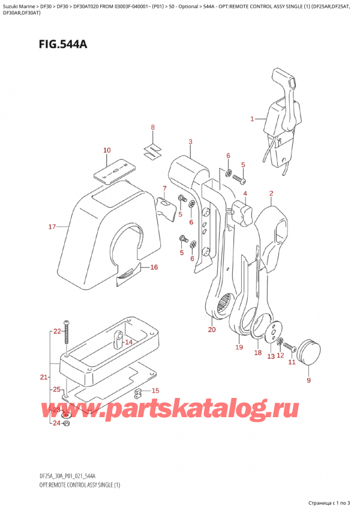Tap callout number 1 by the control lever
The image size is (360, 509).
point(253,119)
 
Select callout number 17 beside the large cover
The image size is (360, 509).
point(52,227)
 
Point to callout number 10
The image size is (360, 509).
point(107,150)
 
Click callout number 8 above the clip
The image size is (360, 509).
point(152,127)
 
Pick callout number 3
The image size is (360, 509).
point(190,142)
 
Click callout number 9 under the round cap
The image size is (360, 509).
point(308,380)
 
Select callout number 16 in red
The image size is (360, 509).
point(154,267)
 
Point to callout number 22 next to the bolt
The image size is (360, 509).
point(56,331)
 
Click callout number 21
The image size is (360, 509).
point(43,377)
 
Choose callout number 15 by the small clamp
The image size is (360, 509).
point(155,391)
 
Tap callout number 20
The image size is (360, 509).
point(211,330)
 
